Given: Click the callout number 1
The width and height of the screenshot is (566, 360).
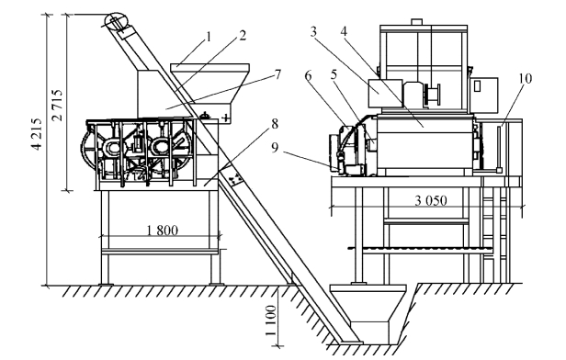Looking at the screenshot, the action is point(209,37).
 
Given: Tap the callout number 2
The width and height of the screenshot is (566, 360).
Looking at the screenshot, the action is point(243,35).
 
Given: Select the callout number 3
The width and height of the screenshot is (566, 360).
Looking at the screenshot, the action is point(313,32).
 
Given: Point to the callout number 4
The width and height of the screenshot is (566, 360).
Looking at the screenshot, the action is point(344,31).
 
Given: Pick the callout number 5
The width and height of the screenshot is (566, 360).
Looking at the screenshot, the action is point(334,74).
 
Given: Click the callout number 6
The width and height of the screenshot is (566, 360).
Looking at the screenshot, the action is point(308,75).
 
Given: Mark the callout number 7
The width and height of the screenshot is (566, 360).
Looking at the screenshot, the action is point(277,74).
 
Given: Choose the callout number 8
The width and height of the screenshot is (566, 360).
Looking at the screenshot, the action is point(275,124).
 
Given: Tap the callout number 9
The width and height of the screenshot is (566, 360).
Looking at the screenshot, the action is point(275,148).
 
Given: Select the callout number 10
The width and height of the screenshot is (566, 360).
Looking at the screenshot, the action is point(526,78).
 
